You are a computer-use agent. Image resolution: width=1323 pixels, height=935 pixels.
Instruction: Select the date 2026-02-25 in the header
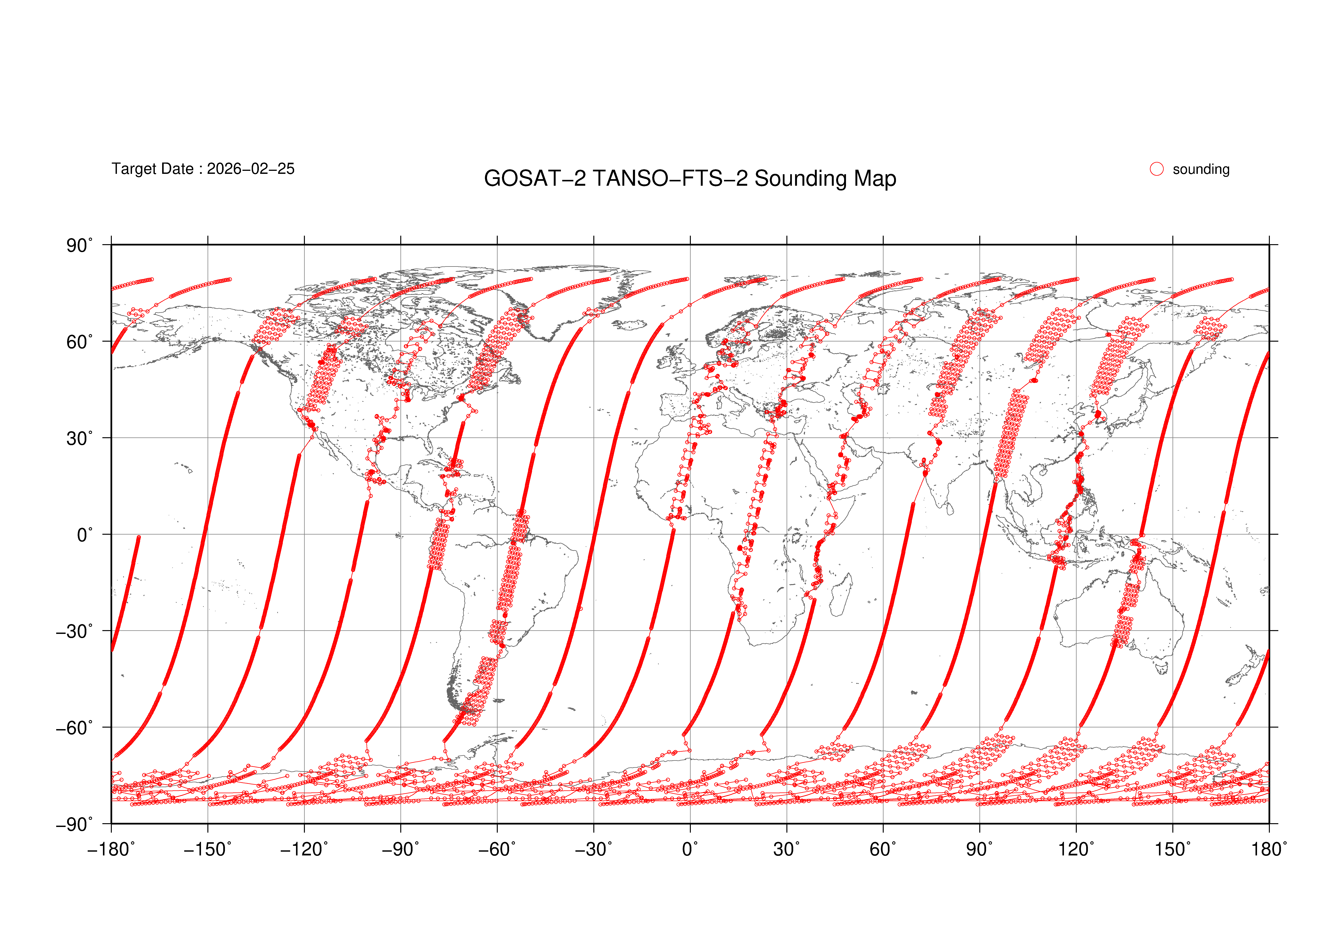(x=251, y=169)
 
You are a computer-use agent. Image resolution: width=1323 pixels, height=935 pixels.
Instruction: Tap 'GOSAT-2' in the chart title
(x=535, y=179)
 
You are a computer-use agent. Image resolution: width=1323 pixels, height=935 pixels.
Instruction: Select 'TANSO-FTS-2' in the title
(x=670, y=179)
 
